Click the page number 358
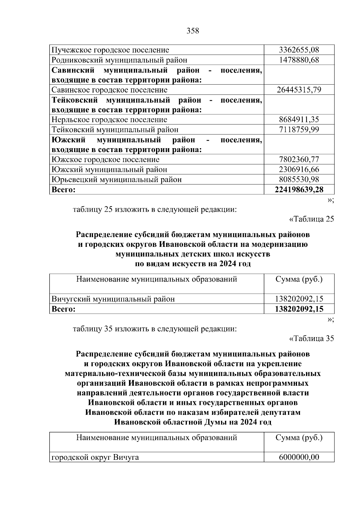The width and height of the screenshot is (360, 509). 193,31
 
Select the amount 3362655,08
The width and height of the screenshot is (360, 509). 299,50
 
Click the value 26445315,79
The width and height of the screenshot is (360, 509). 299,90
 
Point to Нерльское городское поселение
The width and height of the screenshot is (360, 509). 109,120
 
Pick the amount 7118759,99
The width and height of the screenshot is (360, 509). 299,130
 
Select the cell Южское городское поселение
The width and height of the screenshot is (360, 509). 105,159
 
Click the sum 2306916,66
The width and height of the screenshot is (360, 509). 299,169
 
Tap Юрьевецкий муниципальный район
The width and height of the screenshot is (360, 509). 116,179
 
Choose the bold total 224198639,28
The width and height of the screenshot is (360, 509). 299,189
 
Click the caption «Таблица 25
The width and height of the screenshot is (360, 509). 311,219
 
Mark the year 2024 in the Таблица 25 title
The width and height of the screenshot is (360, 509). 224,264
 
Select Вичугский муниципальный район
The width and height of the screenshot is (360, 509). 113,299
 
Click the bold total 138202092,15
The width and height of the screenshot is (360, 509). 299,309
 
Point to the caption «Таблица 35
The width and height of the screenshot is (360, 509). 311,338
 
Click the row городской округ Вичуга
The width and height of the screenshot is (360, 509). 95,457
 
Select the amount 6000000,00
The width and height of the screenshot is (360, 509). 299,457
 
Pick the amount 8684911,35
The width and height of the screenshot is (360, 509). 299,120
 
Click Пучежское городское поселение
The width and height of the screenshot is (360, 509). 110,50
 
